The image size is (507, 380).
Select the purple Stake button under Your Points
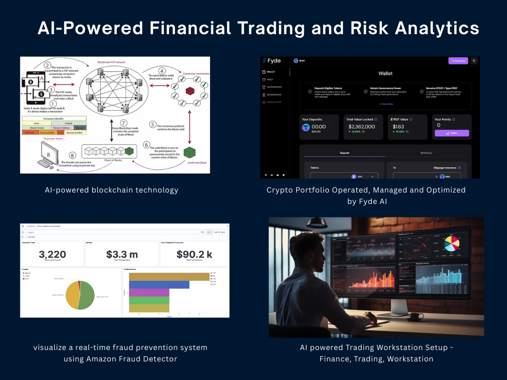tap(452, 133)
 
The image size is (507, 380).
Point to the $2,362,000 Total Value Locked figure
tap(361, 127)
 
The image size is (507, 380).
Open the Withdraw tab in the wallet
tap(426, 153)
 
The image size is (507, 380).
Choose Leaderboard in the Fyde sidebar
tap(274, 87)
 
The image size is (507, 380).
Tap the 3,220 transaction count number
tap(52, 254)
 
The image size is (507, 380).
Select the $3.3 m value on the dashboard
tap(122, 254)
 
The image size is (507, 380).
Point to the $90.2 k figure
tap(194, 254)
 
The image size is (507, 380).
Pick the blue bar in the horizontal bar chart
tap(159, 285)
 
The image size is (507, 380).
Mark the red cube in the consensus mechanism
tap(190, 91)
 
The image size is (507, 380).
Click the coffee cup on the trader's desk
tap(417, 316)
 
